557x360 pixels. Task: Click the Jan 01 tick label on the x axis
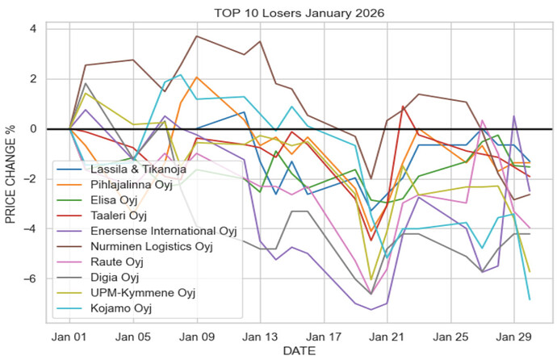coord(70,334)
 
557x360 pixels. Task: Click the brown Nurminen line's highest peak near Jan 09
coord(195,36)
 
